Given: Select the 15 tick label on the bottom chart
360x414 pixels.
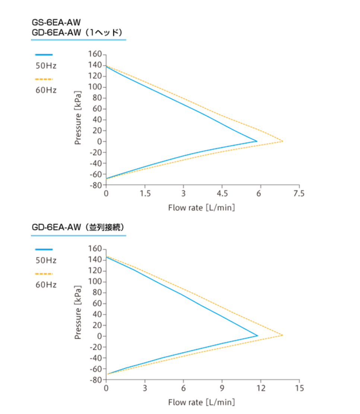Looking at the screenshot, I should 299,388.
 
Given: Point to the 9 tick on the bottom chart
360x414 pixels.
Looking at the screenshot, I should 222,388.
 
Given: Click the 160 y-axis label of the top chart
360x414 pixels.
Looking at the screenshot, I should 95,54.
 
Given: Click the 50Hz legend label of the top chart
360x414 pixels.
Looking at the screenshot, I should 46,66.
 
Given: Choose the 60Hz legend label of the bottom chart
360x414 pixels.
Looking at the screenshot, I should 46,285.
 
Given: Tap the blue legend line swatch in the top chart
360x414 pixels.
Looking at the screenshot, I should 44,54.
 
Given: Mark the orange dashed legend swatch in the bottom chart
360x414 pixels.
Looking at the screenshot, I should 44,273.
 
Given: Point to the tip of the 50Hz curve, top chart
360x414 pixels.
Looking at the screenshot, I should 257,141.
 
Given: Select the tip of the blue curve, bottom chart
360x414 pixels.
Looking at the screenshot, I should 258,336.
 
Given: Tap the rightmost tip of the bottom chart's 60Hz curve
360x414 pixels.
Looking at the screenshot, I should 283,335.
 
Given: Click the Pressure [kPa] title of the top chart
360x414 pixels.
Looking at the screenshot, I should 78,117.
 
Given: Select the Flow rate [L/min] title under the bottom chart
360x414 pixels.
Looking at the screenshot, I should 202,402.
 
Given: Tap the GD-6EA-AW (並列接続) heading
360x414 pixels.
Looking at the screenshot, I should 78,227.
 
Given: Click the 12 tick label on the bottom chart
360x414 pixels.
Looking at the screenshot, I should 260,388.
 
